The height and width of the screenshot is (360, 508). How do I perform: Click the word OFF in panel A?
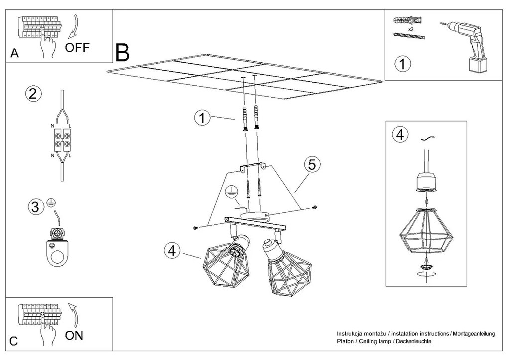pos(77,48)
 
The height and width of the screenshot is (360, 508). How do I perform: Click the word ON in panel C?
pos(74,335)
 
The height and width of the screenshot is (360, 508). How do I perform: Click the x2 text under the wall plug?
pos(411,29)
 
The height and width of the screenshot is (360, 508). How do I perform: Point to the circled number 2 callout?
pos(33,94)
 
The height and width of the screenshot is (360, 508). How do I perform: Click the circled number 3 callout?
pos(34,208)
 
